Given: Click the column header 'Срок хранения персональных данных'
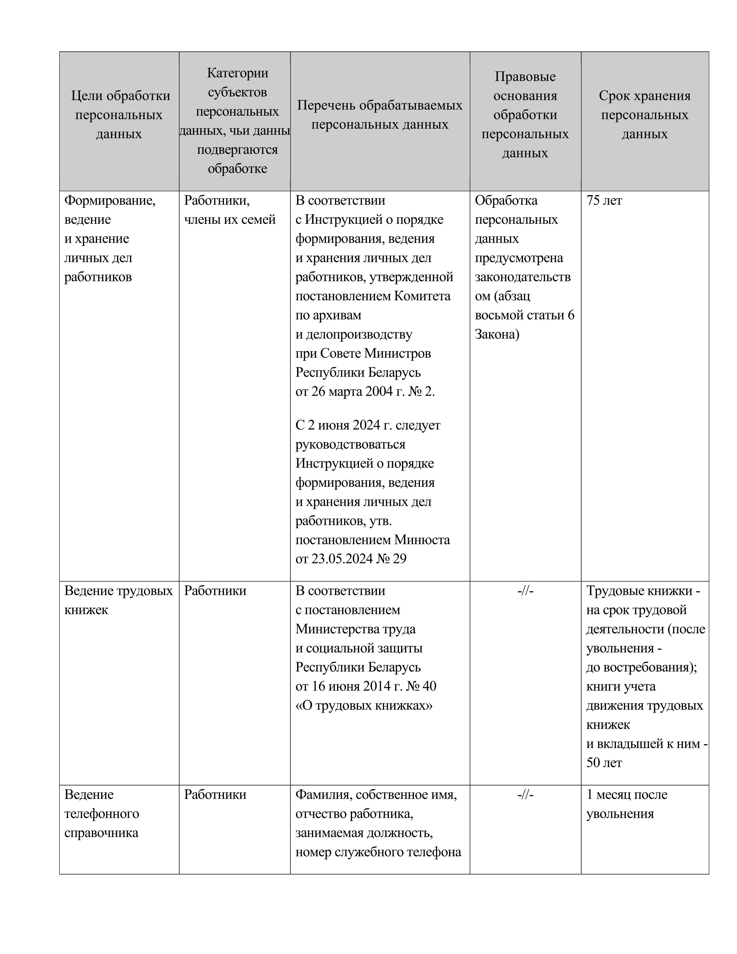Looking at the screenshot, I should tap(645, 114).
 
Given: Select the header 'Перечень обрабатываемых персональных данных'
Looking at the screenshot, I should tap(379, 114).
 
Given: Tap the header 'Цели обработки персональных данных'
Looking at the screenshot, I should tap(119, 114).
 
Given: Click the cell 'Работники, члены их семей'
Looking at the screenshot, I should tap(230, 210).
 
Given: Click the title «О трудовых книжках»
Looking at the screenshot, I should tap(364, 705).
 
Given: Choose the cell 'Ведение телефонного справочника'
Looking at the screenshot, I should tap(101, 814).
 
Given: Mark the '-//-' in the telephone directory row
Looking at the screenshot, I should tap(525, 794).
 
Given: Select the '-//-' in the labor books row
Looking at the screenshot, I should tap(525, 591).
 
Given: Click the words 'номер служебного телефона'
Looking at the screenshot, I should tap(378, 852).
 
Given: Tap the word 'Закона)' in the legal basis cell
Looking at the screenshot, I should tap(497, 334).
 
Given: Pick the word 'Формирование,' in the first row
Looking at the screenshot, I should tap(110, 201).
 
